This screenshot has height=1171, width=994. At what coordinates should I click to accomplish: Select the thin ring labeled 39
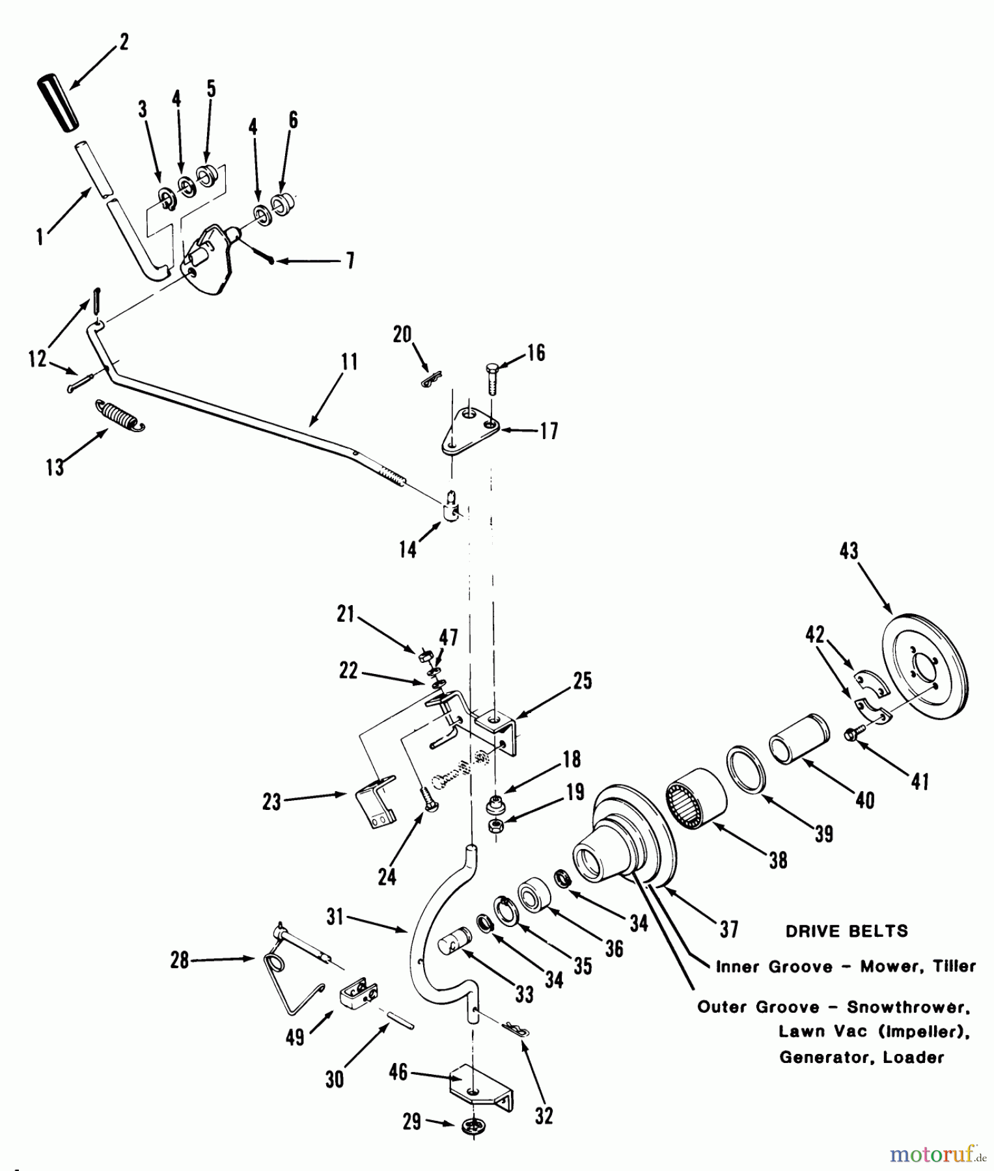747,770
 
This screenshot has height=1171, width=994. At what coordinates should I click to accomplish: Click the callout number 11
350,362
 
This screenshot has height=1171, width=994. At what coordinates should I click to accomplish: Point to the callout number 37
728,929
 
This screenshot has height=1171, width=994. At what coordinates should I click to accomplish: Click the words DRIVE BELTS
846,931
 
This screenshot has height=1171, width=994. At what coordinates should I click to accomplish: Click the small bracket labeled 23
376,800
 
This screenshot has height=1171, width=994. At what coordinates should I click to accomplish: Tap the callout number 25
583,681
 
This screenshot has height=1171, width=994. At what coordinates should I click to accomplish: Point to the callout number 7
350,261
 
